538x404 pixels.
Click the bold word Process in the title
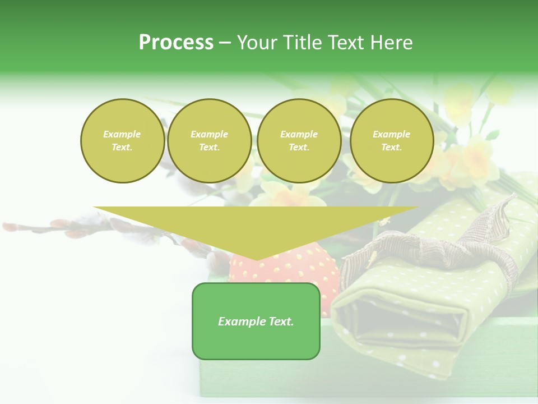click(x=176, y=43)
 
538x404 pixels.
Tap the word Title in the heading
click(x=302, y=43)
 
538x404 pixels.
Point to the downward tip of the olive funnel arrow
click(x=256, y=259)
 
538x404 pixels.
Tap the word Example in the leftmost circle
click(x=122, y=134)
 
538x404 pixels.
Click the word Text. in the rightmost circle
click(x=391, y=147)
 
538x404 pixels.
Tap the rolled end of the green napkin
click(x=403, y=325)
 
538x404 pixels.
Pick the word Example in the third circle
click(x=299, y=134)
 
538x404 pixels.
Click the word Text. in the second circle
click(x=209, y=147)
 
